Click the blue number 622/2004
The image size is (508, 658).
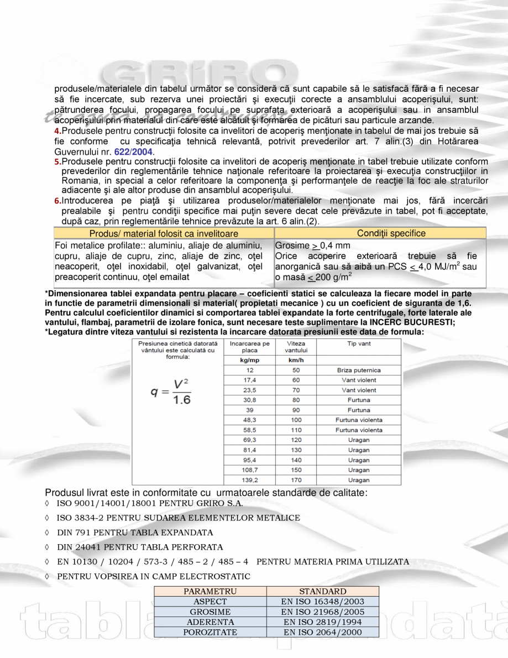134,152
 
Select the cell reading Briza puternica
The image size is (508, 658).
359,370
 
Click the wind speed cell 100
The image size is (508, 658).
296,420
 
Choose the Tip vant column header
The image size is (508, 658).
359,343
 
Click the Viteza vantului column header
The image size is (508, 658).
296,347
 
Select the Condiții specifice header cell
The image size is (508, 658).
391,233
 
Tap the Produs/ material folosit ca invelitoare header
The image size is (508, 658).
164,233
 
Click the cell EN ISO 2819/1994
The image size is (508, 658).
322,622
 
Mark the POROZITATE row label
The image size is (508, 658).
210,632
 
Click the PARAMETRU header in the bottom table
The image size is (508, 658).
210,592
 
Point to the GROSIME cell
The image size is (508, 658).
210,612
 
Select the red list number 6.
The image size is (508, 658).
57,200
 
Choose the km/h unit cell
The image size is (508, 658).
296,360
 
